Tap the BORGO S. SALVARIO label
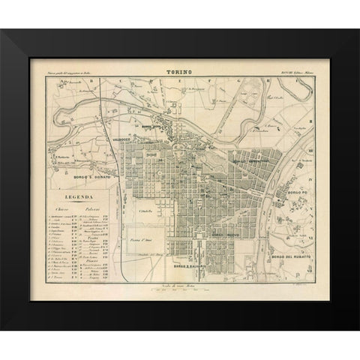click(183, 267)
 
